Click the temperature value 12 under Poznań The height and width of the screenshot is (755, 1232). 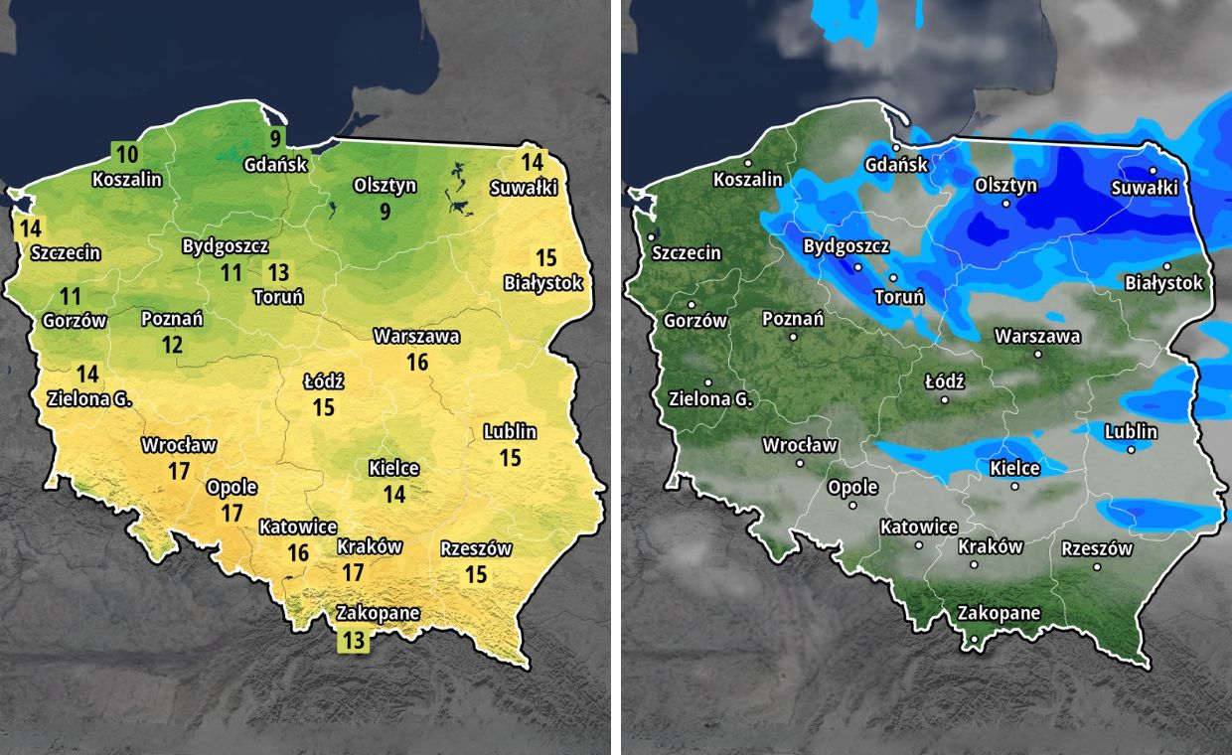tap(173, 345)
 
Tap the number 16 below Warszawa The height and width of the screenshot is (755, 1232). tap(417, 363)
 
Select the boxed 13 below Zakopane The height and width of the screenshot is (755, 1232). tap(353, 640)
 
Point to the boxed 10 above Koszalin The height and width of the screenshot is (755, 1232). tap(127, 154)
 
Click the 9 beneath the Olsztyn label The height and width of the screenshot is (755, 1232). tap(385, 211)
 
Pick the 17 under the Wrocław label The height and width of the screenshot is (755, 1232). tap(179, 471)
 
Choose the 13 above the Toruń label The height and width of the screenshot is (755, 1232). tap(278, 271)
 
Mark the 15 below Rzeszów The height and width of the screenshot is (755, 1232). tap(476, 574)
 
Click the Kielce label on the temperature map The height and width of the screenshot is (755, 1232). tap(393, 468)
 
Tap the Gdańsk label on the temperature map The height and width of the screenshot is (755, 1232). tap(276, 165)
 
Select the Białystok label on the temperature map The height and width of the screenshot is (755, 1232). tap(542, 283)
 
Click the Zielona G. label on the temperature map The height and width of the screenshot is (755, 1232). tap(89, 399)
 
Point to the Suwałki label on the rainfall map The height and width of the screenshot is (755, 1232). tap(1144, 188)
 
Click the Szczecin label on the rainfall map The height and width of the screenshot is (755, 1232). tap(687, 252)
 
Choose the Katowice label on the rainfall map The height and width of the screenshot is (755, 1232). tap(919, 527)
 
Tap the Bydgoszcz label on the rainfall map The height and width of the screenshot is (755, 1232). tap(847, 245)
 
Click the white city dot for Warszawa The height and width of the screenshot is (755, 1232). tap(1037, 354)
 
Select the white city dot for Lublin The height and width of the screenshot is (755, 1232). tap(1132, 450)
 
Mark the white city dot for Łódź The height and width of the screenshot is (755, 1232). tap(944, 400)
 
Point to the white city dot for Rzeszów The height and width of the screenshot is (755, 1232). tap(1097, 567)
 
